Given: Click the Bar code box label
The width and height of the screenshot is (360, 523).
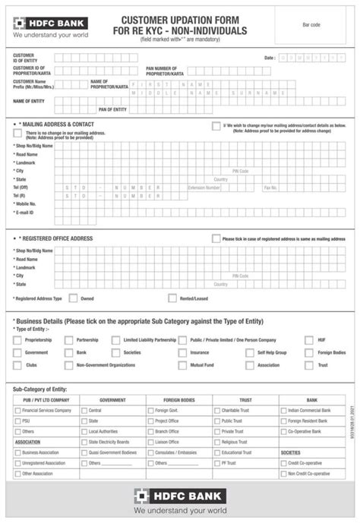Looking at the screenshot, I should point(311,25).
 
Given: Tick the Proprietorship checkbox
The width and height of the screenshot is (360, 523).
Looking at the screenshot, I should point(17,341).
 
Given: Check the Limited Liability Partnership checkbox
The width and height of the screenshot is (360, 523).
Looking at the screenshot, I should point(116,341).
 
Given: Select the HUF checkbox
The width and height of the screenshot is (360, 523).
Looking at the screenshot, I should point(309,341).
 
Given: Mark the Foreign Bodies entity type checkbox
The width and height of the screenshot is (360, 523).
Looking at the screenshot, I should point(309,353).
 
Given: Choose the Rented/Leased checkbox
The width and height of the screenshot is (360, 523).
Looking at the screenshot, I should point(173,298).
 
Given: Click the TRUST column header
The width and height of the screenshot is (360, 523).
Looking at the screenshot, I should point(245,399).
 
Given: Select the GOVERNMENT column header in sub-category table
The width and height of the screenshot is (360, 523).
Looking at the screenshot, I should point(112,399).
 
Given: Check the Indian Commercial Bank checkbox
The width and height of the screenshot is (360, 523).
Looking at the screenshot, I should point(283,410).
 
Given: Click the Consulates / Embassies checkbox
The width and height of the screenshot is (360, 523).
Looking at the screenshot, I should point(150,452).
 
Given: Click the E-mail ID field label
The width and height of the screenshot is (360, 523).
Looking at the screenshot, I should point(27,213).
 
